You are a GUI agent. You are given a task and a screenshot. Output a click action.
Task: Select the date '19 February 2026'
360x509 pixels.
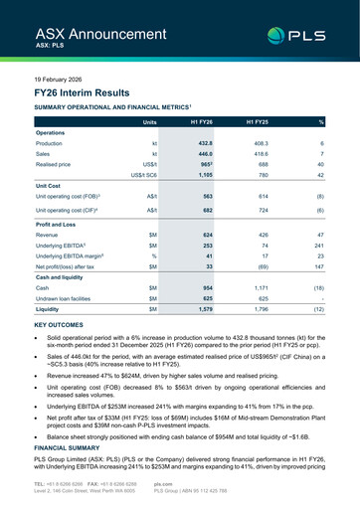61,78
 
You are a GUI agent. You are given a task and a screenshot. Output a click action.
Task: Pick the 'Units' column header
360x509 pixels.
149,121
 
